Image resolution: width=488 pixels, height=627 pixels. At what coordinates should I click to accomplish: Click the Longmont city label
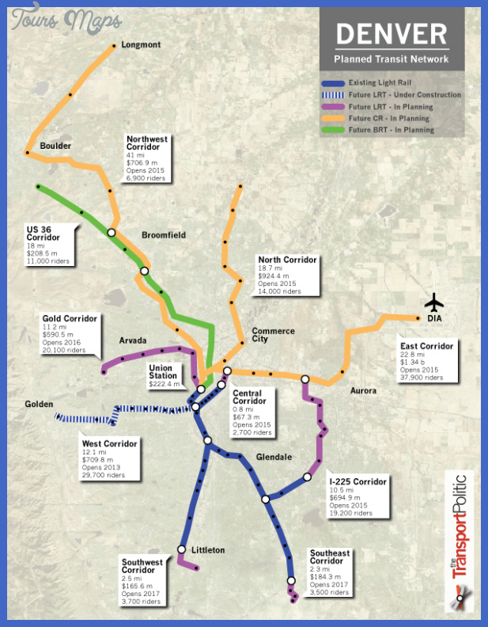[x=141, y=45]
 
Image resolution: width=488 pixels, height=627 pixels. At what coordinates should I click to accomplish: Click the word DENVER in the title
[x=391, y=34]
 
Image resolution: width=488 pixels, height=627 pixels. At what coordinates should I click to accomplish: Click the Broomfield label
[x=163, y=235]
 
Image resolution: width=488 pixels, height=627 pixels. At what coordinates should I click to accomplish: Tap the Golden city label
[x=39, y=404]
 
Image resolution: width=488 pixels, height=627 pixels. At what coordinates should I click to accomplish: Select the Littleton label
[x=208, y=549]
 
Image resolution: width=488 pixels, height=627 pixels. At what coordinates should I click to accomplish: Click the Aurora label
[x=364, y=391]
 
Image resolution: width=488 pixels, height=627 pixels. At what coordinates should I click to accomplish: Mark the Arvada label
[x=134, y=340]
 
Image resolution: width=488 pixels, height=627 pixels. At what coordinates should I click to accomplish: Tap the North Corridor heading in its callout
[x=287, y=260]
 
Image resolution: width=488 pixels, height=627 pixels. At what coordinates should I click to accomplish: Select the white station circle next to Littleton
[x=182, y=549]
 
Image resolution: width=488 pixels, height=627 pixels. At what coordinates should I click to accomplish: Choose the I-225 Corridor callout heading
[x=358, y=481]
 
